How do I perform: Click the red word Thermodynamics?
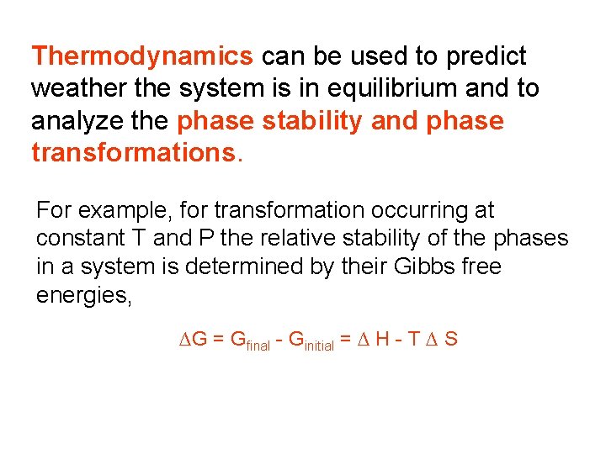pos(141,56)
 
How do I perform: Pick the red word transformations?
pos(135,153)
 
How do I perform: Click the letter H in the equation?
pos(381,340)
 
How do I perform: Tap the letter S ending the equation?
pos(451,340)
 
